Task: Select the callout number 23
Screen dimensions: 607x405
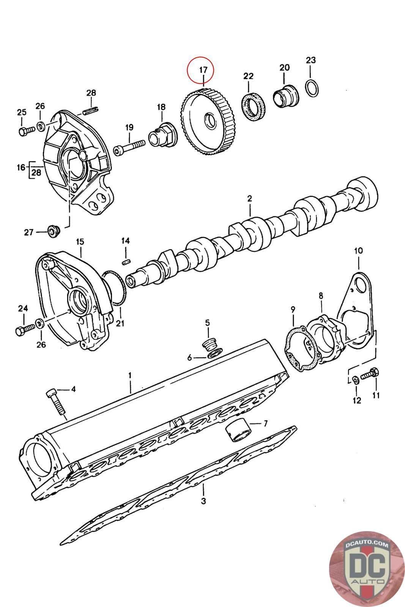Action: pyautogui.click(x=310, y=60)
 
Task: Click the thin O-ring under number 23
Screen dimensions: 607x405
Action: pyautogui.click(x=312, y=88)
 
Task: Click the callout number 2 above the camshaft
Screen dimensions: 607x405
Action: pyautogui.click(x=249, y=198)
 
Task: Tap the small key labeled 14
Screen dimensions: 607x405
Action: pyautogui.click(x=126, y=261)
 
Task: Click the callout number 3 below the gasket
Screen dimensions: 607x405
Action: pyautogui.click(x=203, y=501)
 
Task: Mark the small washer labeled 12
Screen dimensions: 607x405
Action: pyautogui.click(x=355, y=380)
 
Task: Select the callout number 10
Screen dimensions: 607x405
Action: pyautogui.click(x=358, y=250)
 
